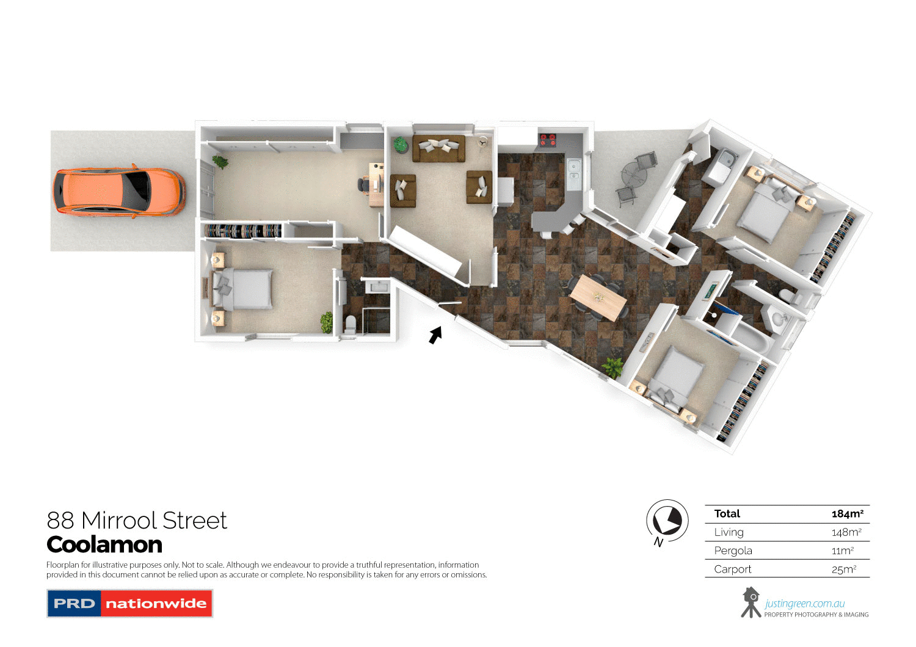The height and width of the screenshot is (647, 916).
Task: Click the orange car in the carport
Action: coord(118,190)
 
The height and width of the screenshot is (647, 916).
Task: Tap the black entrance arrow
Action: coord(435,334)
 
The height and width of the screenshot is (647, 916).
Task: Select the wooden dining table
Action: coord(598,297)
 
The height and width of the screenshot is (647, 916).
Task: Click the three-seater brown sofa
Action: coord(438,148)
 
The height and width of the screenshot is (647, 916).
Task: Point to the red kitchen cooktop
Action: coord(548,140)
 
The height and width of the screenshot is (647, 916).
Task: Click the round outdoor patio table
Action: coord(633,177)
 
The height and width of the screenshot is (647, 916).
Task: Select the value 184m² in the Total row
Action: coord(847,514)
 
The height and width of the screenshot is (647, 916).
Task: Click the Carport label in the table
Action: coord(733,569)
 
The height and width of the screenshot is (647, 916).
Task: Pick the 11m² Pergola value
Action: coord(843,551)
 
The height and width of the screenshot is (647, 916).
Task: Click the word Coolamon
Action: coord(104,544)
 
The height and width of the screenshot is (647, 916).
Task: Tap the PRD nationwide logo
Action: coord(129,603)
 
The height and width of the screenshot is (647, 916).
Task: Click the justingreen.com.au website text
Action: coord(804,604)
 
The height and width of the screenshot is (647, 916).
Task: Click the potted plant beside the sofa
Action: coord(400,145)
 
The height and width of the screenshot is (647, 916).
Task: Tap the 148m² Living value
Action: coord(846,532)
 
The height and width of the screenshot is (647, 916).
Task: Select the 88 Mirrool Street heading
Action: coord(137,521)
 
